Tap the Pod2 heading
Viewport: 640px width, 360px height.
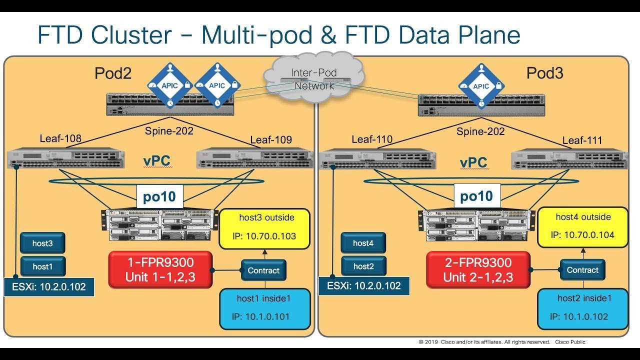[x=113, y=74]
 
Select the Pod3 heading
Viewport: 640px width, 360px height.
[x=544, y=74]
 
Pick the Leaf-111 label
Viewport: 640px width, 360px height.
[x=582, y=140]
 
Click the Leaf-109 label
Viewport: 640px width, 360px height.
[x=271, y=139]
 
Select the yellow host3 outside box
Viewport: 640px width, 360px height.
[x=264, y=229]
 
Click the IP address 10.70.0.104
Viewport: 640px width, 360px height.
[x=582, y=235]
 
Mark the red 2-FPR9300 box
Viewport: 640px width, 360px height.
[x=478, y=270]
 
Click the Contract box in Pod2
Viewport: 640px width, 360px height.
[x=263, y=270]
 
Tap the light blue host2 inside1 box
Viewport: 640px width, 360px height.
[x=582, y=308]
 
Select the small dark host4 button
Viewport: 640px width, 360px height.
[x=363, y=243]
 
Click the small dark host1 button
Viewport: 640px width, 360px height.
[x=42, y=267]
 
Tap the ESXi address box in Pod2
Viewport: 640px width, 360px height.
[x=48, y=287]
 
